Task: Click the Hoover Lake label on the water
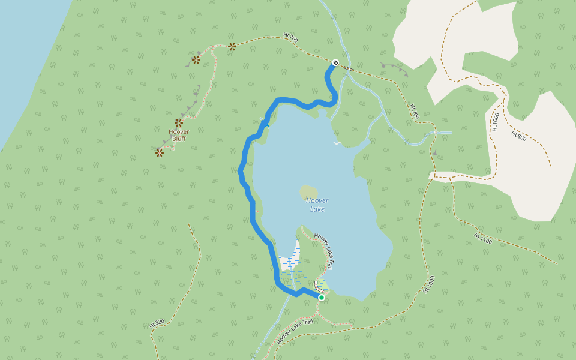point(316,205)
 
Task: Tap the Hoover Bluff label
point(179,135)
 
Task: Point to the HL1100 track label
point(482,238)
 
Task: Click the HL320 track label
point(157,323)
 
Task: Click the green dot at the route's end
point(321,298)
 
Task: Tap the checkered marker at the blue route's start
point(335,62)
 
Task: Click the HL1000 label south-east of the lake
point(428,284)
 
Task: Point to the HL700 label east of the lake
point(414,111)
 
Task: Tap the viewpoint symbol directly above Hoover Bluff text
point(179,122)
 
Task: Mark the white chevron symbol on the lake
point(337,143)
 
